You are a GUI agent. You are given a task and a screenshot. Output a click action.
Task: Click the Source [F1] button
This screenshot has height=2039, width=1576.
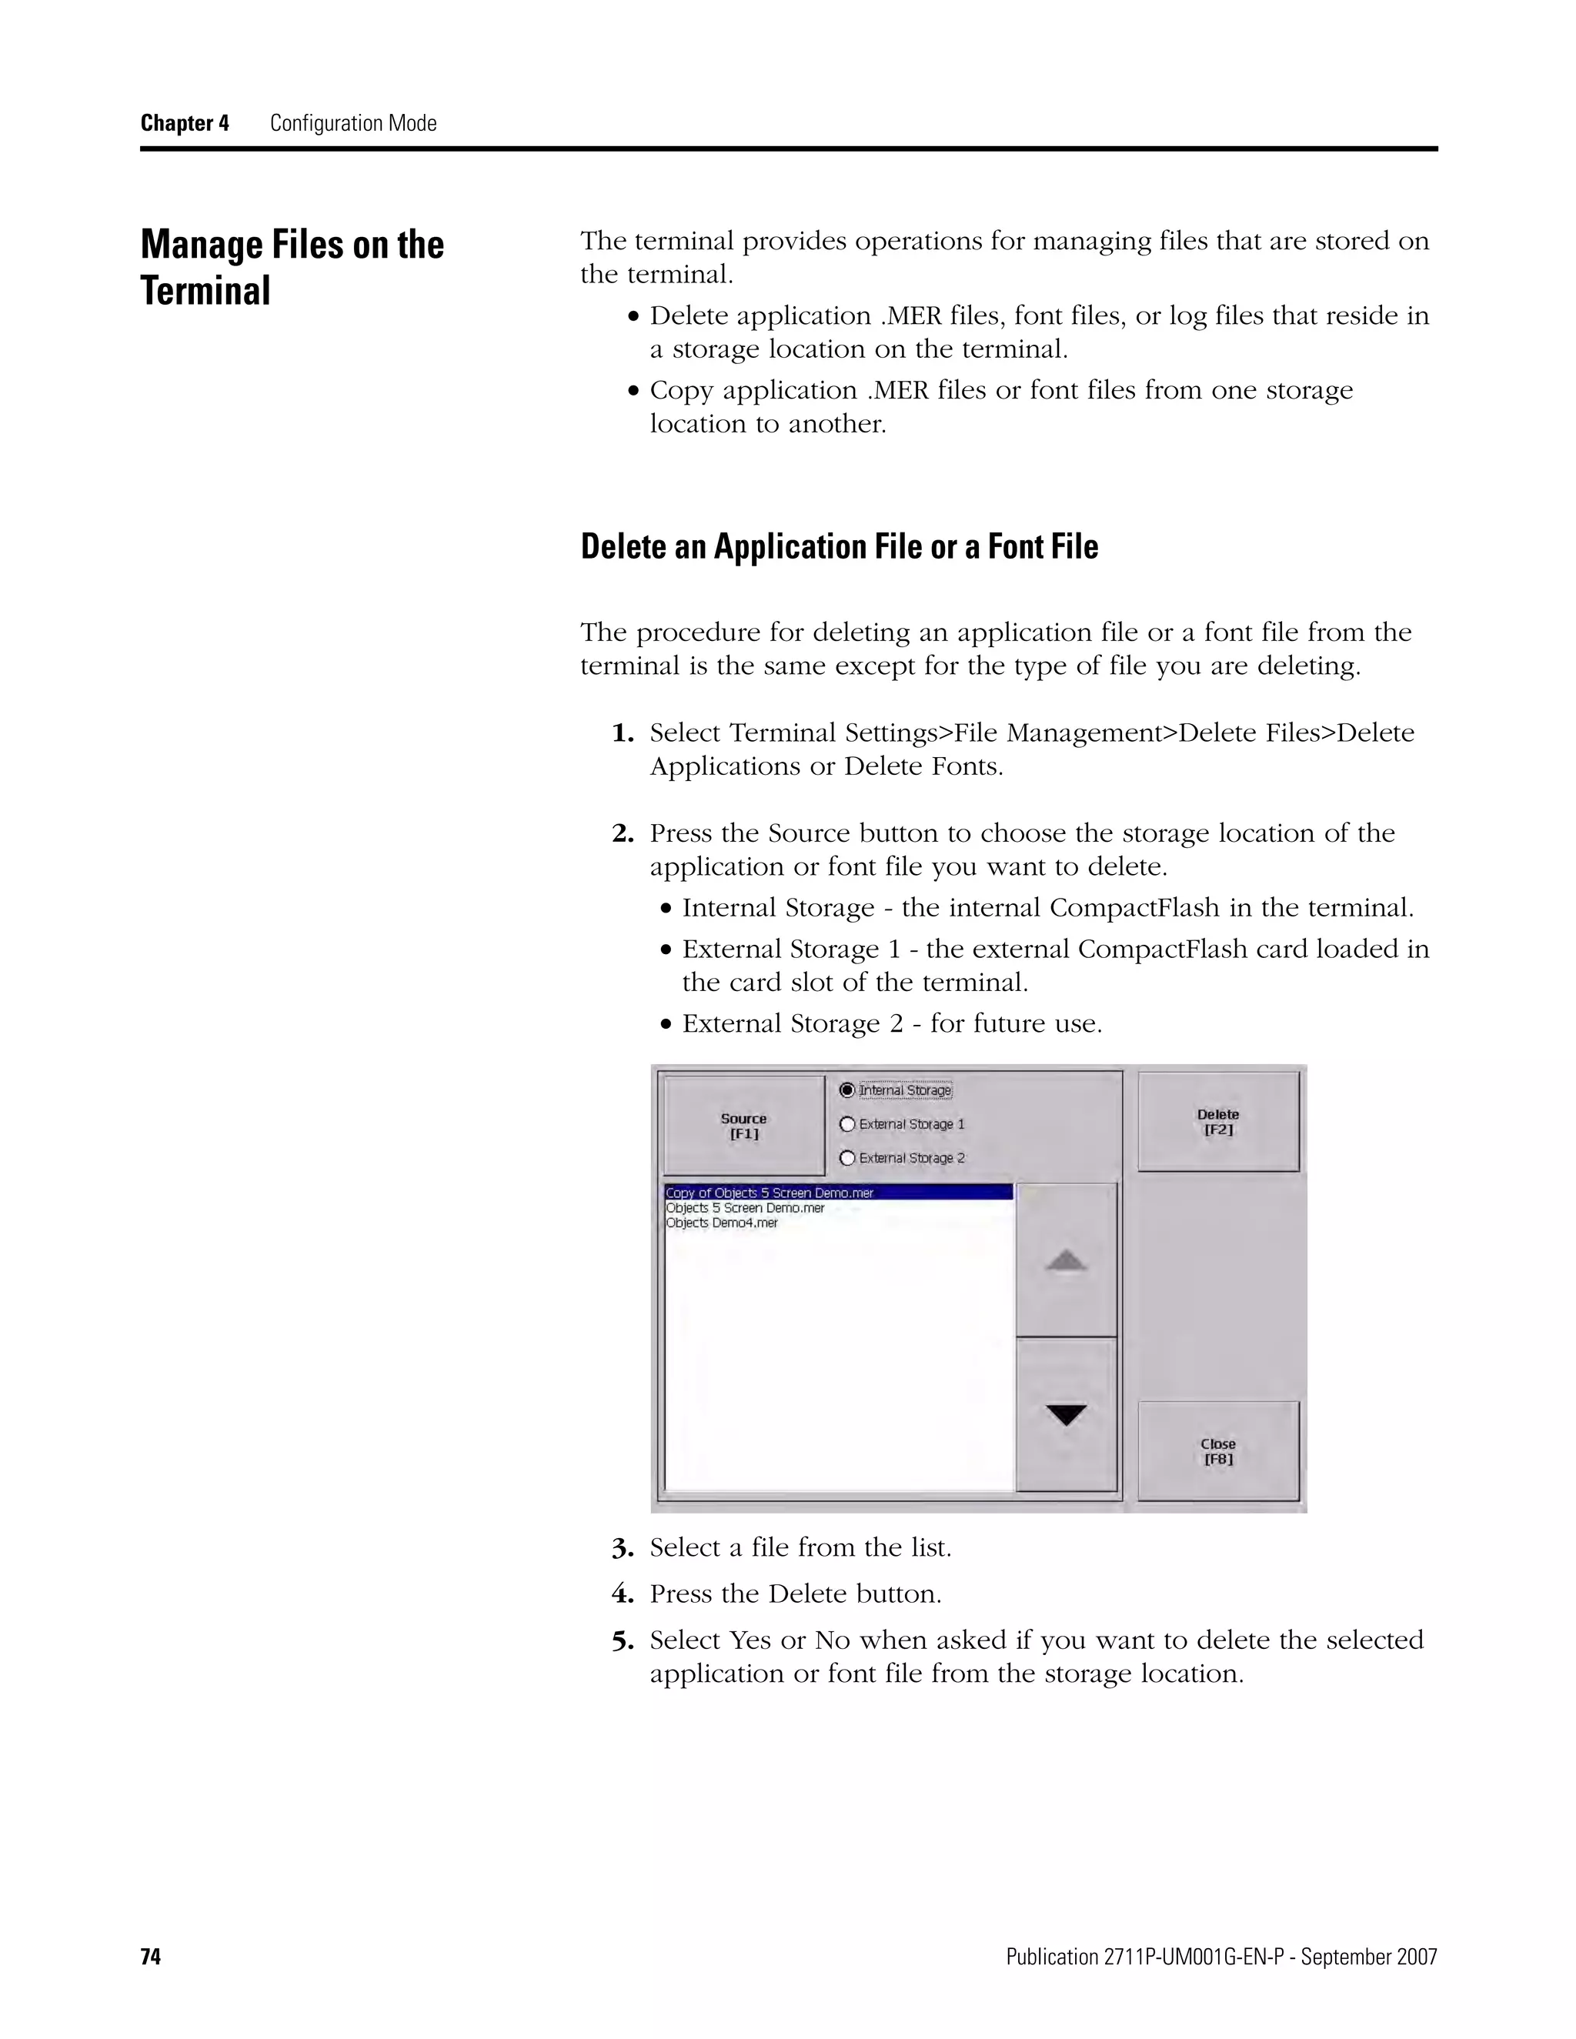point(743,1125)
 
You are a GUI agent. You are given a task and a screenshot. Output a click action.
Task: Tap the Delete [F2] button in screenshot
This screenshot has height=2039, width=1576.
point(1217,1121)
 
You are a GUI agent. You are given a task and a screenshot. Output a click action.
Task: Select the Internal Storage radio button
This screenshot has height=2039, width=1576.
point(848,1090)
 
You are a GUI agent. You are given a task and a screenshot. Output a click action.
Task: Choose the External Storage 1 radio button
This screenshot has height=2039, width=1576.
point(848,1124)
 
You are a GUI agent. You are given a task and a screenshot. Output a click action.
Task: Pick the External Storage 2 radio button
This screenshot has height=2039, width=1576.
point(848,1158)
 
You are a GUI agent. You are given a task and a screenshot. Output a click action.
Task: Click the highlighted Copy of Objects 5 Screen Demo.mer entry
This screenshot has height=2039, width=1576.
point(770,1192)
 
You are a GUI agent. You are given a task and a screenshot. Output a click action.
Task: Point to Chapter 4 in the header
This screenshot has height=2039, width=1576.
point(185,123)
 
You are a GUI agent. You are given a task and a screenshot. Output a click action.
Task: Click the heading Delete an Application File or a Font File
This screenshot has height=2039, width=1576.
point(839,546)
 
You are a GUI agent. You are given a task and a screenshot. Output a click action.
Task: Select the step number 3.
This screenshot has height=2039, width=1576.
point(623,1549)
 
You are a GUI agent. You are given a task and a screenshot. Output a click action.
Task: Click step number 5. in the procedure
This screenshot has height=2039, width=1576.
point(623,1641)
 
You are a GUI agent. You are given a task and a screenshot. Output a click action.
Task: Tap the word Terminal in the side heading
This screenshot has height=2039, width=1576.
point(205,290)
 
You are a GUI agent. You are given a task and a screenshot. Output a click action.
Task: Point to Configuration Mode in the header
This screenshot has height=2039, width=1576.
point(353,123)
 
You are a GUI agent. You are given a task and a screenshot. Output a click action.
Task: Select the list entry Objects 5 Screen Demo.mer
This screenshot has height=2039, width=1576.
point(745,1208)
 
